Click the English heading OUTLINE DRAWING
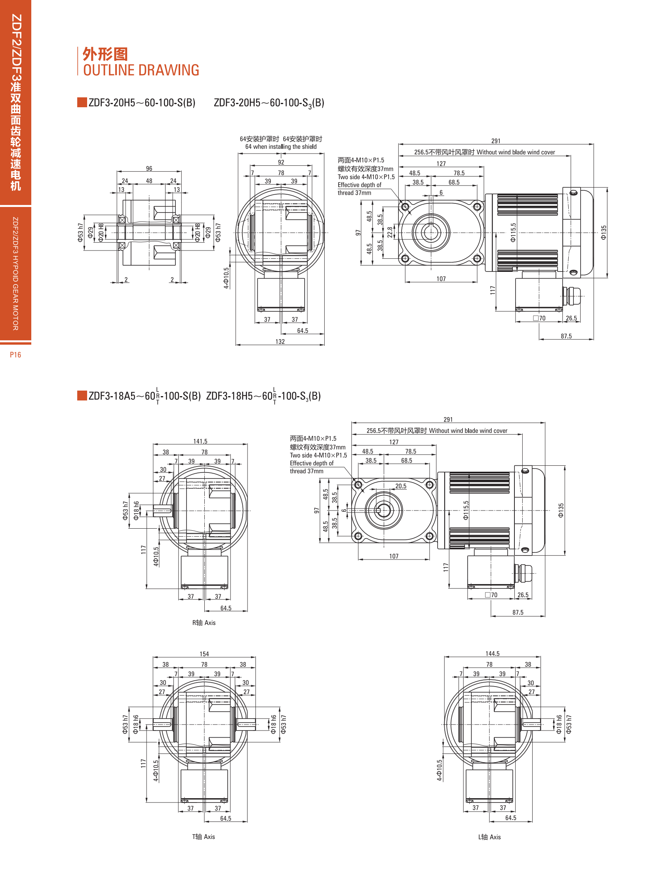pyautogui.click(x=141, y=70)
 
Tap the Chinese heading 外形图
pyautogui.click(x=105, y=54)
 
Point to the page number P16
pyautogui.click(x=15, y=355)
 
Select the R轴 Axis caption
pyautogui.click(x=204, y=622)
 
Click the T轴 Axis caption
pyautogui.click(x=204, y=837)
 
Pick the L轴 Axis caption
pyautogui.click(x=489, y=837)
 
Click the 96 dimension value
pyautogui.click(x=149, y=169)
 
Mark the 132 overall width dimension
pyautogui.click(x=280, y=342)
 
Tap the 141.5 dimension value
pyautogui.click(x=200, y=441)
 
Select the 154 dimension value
pyautogui.click(x=204, y=654)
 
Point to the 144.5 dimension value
pyautogui.click(x=493, y=653)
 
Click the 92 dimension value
pyautogui.click(x=281, y=162)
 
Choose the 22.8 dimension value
pyautogui.click(x=390, y=232)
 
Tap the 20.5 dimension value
pyautogui.click(x=401, y=486)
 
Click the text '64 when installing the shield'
pyautogui.click(x=281, y=146)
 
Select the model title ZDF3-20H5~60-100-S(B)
pyautogui.click(x=142, y=102)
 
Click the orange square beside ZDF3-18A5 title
pyautogui.click(x=82, y=395)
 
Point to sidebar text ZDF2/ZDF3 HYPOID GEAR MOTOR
pyautogui.click(x=15, y=273)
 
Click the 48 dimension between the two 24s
pyautogui.click(x=149, y=181)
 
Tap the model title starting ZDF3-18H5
pyautogui.click(x=263, y=396)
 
